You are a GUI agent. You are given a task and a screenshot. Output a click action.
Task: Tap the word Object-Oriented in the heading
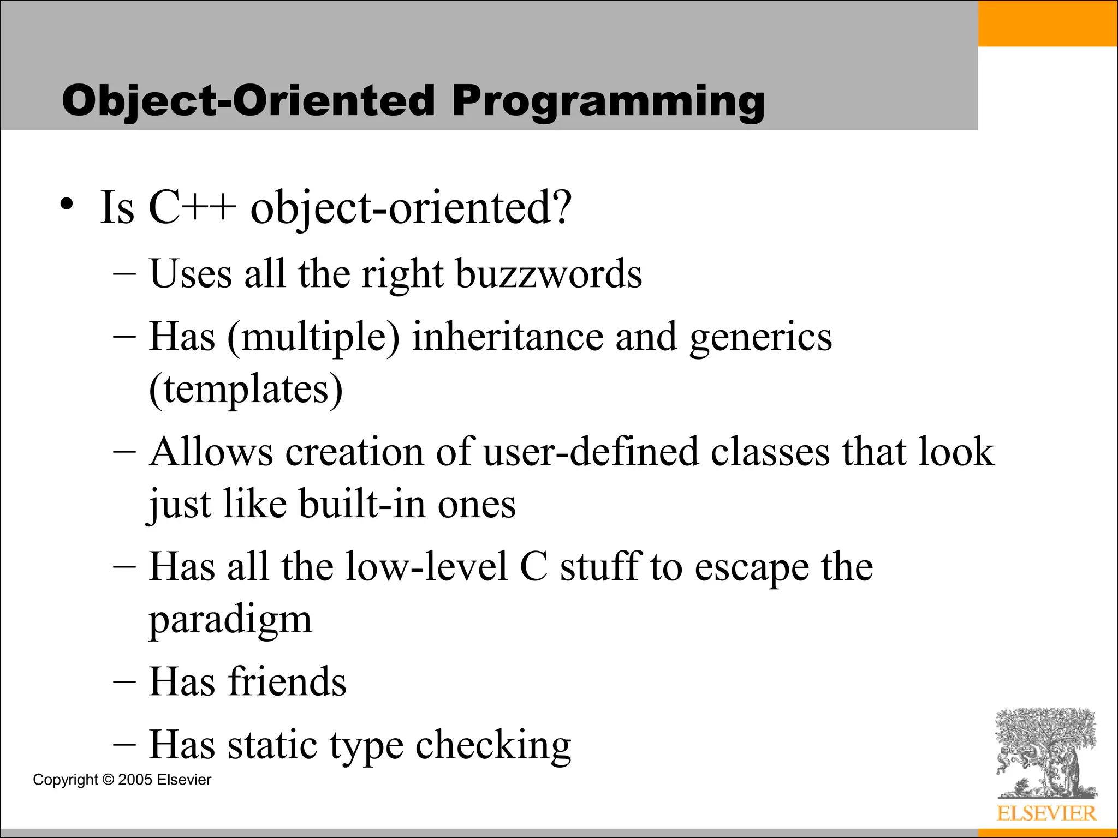[x=248, y=101]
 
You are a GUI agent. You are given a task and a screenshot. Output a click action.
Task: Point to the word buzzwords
[x=549, y=273]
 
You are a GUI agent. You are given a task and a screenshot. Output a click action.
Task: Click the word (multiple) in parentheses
[x=313, y=337]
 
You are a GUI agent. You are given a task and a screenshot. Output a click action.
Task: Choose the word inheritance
[x=508, y=336]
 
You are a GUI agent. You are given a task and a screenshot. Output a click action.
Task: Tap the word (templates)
[x=246, y=389]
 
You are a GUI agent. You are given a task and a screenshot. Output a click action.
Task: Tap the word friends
[x=287, y=682]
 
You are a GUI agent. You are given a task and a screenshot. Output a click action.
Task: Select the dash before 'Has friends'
[x=124, y=683]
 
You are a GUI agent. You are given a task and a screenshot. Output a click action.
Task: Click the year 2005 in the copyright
[x=135, y=780]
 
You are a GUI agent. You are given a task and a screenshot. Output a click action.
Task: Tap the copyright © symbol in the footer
[x=108, y=780]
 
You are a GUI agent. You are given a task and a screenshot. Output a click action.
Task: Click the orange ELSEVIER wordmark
[x=1046, y=813]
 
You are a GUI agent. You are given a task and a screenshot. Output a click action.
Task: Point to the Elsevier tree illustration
[x=1046, y=753]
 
